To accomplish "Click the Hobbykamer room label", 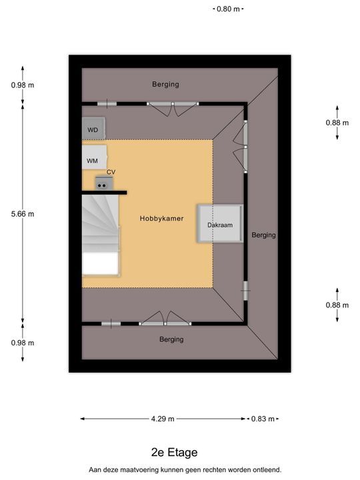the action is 161,219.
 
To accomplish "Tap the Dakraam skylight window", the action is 220,224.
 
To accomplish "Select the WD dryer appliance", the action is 94,128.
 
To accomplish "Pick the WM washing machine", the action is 94,157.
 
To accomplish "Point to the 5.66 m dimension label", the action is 23,214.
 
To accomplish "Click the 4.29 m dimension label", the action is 163,419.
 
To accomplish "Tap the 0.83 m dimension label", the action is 263,419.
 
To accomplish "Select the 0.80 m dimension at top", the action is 228,9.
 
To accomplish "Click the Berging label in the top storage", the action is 165,84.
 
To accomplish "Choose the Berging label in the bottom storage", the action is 171,339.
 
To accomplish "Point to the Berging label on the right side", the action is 263,235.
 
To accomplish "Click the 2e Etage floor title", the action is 175,453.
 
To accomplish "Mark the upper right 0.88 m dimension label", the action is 337,123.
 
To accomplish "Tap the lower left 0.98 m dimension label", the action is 23,343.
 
